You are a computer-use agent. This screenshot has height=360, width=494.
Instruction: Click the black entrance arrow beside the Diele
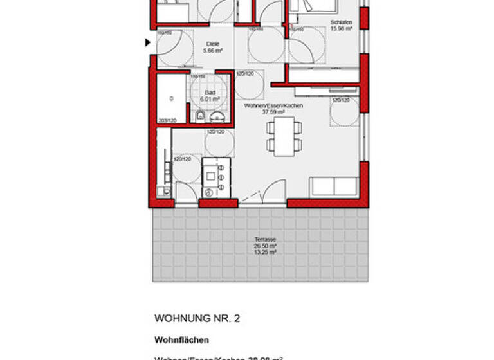coord(147,43)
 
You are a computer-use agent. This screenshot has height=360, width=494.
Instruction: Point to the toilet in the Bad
coord(200,116)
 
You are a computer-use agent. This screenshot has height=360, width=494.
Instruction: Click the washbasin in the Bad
coord(218,116)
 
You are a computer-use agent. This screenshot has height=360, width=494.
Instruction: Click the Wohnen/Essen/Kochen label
coord(273,105)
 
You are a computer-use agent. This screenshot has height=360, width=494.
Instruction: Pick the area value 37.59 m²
coord(273,111)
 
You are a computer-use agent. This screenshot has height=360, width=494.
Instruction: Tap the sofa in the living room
coord(333,186)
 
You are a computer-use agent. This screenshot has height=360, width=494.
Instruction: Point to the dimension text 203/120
coord(166,120)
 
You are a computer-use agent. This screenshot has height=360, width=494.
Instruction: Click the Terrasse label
coord(265,240)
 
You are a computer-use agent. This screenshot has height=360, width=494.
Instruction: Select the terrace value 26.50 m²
coord(265,246)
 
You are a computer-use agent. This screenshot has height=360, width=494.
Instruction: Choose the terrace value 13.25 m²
coord(265,252)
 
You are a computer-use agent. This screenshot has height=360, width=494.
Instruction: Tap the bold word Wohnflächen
coord(181,340)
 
